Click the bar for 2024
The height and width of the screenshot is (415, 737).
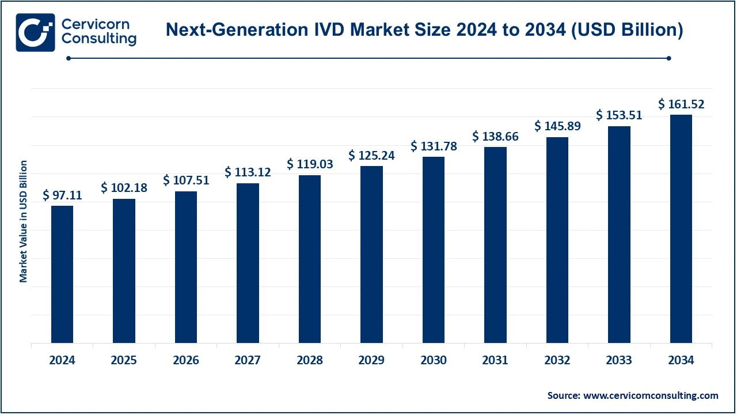tap(62, 274)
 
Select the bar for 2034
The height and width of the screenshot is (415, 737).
tap(681, 229)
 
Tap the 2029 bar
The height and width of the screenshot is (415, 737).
tap(371, 254)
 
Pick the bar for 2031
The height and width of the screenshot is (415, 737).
tap(495, 245)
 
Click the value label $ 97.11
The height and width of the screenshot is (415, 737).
tap(62, 195)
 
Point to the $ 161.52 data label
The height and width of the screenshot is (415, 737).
tap(681, 104)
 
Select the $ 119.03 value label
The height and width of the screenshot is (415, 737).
tap(310, 164)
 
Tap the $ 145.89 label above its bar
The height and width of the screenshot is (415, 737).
tap(557, 126)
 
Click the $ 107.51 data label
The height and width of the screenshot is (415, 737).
tap(186, 180)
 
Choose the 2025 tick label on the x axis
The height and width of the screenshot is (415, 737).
tap(124, 360)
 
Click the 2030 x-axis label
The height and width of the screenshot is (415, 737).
tap(434, 360)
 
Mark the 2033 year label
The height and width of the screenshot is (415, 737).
tap(620, 360)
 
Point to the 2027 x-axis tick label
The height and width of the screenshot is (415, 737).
tap(248, 360)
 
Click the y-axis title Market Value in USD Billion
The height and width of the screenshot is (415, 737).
tap(24, 222)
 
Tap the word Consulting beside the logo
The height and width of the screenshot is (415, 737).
tap(98, 39)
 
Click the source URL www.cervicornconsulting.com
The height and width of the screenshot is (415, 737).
tap(651, 395)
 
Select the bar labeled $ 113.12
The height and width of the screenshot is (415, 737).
tap(248, 263)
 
